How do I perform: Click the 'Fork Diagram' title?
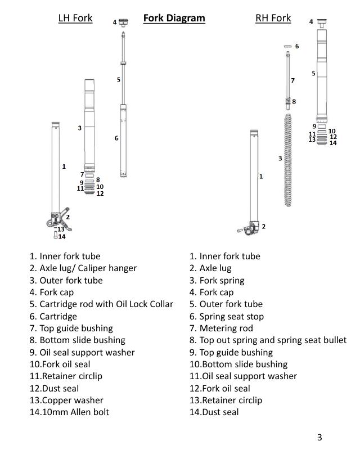(174, 18)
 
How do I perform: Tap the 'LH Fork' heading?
(75, 18)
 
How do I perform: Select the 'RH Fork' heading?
(273, 18)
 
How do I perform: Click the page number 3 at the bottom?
(319, 438)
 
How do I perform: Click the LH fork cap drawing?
(123, 22)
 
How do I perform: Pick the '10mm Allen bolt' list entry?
(69, 412)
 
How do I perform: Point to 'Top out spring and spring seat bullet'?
(268, 340)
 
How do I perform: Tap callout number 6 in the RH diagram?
(297, 46)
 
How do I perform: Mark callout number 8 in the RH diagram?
(294, 102)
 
